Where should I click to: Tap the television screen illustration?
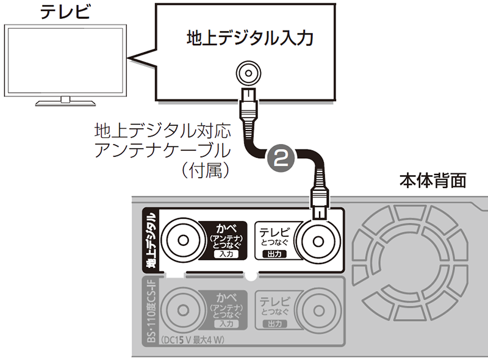(x=65, y=60)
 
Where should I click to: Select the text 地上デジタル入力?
(x=250, y=40)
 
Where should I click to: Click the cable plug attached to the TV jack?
(x=249, y=104)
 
